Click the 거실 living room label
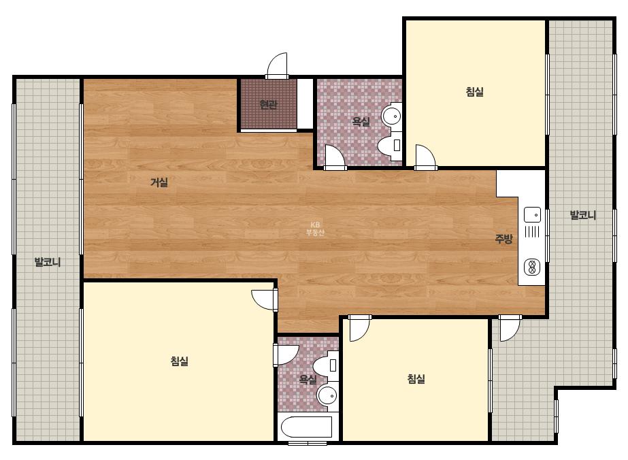159,182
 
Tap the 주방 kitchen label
504,239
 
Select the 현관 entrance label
268,105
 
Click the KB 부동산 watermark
315,229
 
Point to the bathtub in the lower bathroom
306,427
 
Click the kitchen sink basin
532,214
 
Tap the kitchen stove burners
532,267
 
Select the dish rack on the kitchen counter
532,231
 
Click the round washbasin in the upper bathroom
392,116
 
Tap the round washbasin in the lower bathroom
328,395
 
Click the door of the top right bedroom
426,157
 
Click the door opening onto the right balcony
510,328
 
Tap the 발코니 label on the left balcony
48,263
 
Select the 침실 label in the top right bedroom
475,91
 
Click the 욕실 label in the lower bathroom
308,378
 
